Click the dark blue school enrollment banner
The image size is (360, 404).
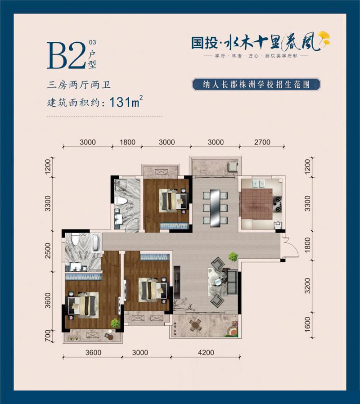(256, 85)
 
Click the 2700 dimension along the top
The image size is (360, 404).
(262, 142)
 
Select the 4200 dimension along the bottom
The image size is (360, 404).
(206, 353)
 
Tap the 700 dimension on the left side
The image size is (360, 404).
(49, 337)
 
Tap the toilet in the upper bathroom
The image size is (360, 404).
(121, 200)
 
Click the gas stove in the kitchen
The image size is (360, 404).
(278, 202)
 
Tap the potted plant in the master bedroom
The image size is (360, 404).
(115, 322)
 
